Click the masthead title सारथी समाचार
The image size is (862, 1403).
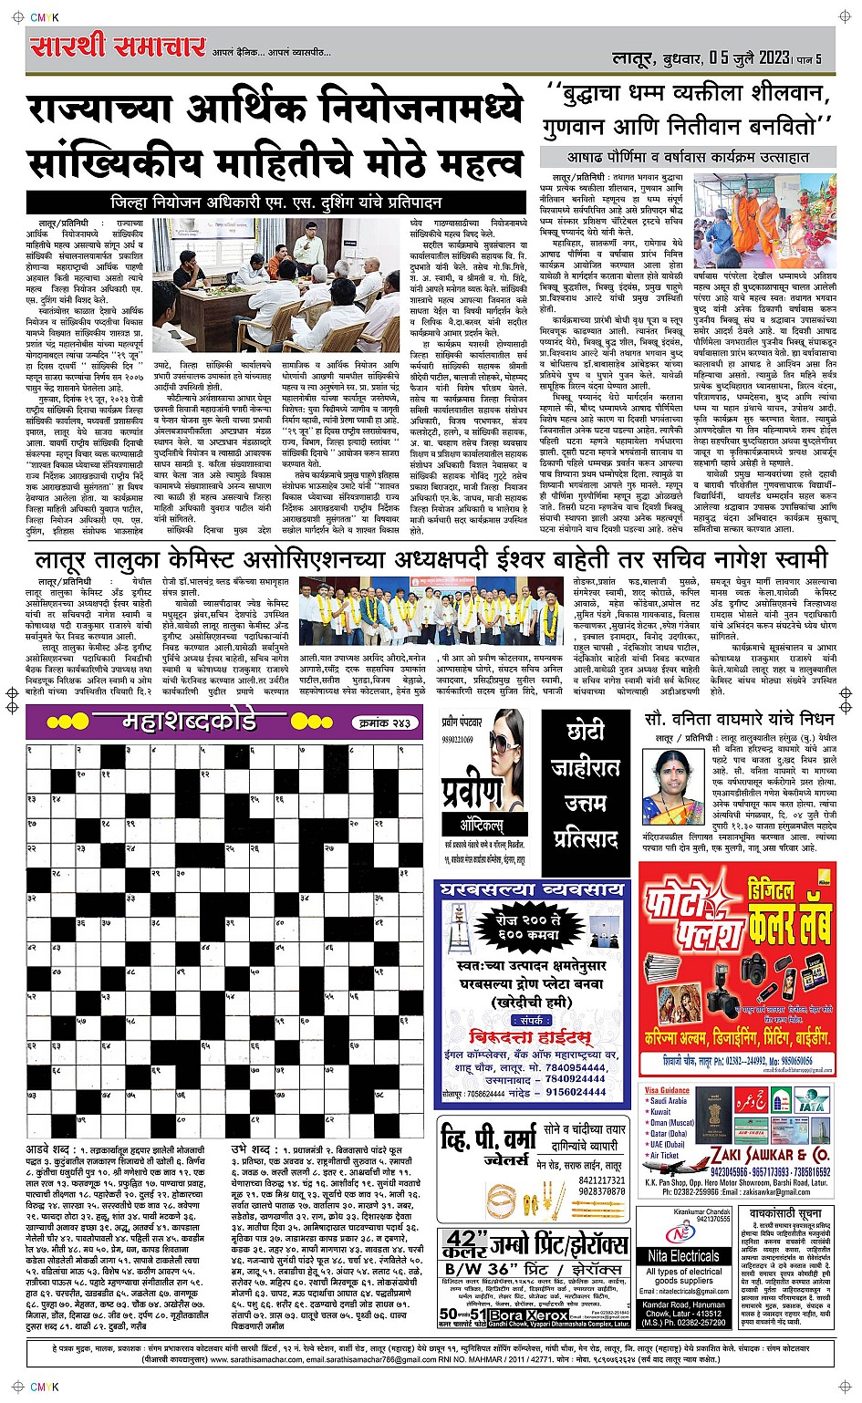point(117,47)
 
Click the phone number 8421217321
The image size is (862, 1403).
point(601,1180)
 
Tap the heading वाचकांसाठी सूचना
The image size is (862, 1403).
point(785,1216)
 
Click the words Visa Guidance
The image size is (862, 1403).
point(667,1090)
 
